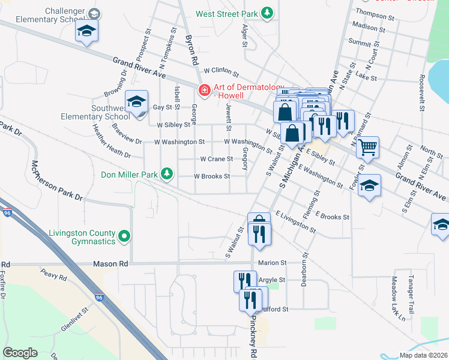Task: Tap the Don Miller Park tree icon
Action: (167, 175)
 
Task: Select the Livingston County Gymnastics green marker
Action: (124, 236)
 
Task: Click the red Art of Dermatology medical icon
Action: (205, 89)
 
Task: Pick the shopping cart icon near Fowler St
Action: (367, 146)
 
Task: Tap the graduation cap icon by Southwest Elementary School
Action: (136, 101)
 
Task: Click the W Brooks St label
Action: (211, 176)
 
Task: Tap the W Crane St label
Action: (216, 159)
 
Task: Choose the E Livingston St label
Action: (295, 221)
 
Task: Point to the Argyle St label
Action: (271, 280)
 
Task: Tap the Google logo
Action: (20, 353)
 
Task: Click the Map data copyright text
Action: (420, 355)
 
